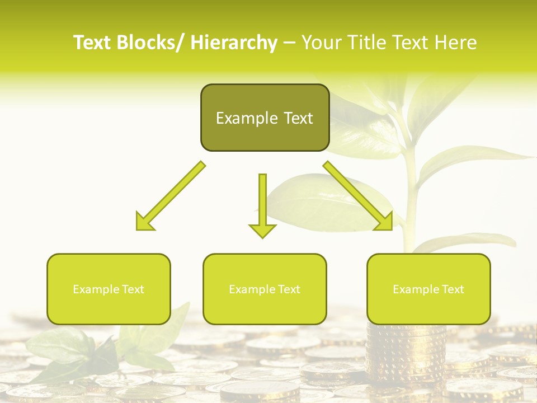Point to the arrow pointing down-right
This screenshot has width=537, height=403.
click(358, 196)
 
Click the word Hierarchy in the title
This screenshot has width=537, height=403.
click(234, 43)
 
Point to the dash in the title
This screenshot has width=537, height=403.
click(289, 43)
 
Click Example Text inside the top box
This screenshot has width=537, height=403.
click(265, 118)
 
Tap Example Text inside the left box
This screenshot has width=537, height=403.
click(109, 289)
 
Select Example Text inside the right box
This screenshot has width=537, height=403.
click(428, 289)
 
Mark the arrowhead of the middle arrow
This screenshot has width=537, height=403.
click(262, 230)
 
